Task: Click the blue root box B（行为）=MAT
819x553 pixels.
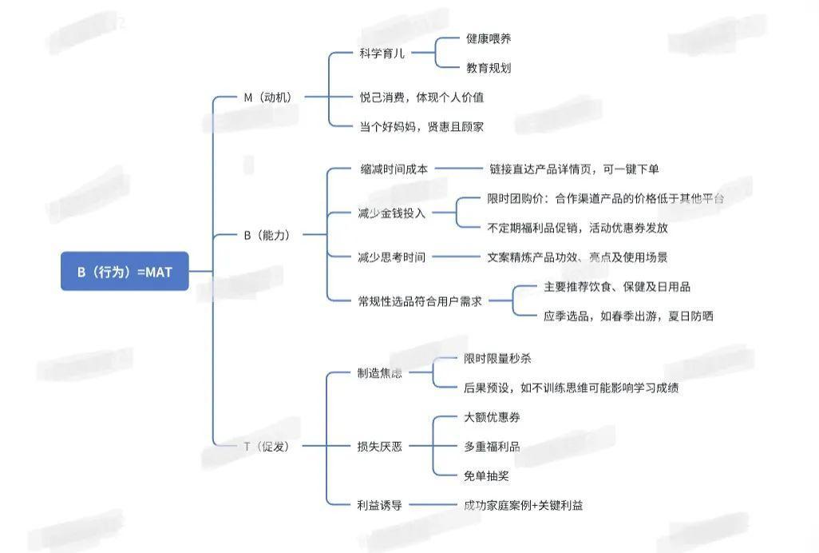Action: [125, 272]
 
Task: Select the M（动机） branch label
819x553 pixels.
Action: [267, 97]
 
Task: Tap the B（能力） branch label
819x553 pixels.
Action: [266, 235]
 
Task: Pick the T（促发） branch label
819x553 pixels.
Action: [267, 446]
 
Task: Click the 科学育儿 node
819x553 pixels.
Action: [382, 54]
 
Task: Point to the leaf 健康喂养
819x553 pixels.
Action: [489, 38]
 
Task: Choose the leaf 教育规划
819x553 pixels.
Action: [489, 68]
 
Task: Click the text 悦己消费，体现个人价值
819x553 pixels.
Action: [421, 97]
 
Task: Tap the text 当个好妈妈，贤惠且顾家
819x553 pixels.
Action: [421, 126]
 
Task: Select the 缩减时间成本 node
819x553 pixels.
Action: [394, 169]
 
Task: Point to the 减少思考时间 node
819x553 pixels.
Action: [392, 257]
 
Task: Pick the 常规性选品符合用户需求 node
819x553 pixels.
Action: [420, 301]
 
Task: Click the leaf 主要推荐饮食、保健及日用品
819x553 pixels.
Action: [617, 286]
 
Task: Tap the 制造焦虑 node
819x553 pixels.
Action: [380, 373]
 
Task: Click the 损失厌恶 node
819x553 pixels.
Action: [380, 446]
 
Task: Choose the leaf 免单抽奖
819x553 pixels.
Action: [486, 475]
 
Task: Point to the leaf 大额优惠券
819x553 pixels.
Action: [492, 417]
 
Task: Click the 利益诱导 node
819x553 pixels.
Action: [380, 504]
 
